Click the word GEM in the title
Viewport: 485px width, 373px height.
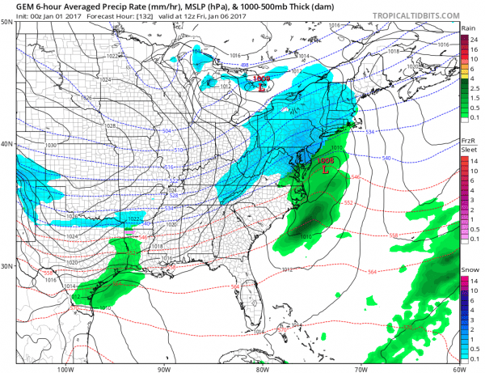tap(14, 6)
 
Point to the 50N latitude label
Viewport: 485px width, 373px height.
tap(6, 22)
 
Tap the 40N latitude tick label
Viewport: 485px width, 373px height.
tap(6, 144)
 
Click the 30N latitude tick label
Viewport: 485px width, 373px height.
tap(6, 266)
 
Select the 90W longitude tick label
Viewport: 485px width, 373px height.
tap(164, 367)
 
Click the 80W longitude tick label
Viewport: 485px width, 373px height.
tap(262, 367)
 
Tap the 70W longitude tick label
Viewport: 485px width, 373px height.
tap(360, 367)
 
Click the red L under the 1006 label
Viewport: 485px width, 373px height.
tap(325, 170)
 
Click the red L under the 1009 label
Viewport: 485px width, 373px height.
tap(261, 87)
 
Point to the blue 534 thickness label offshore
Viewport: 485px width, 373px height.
tap(370, 131)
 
